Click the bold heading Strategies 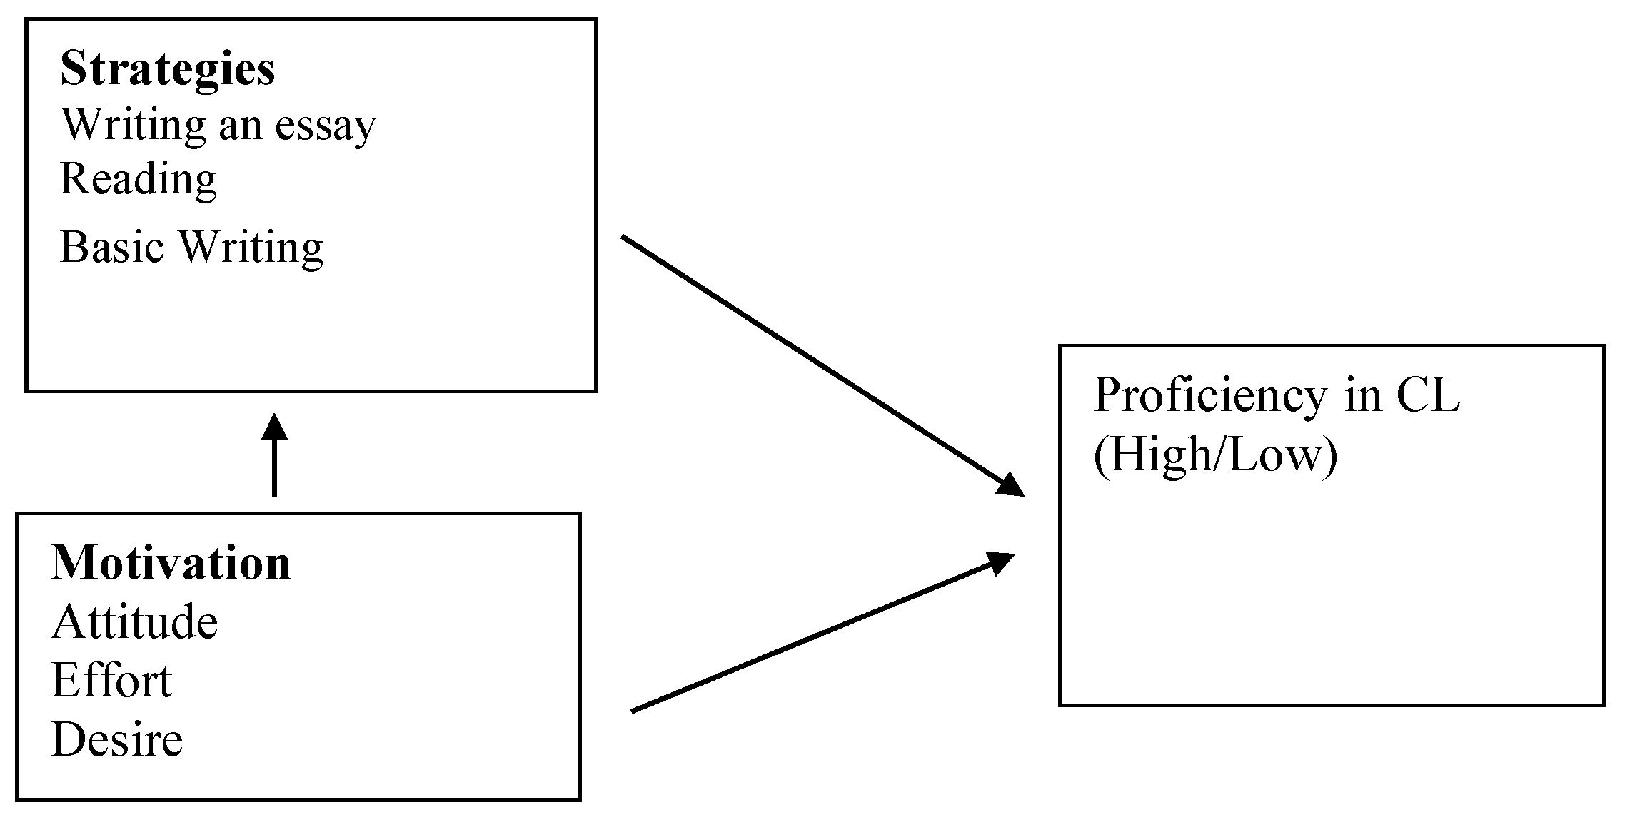tap(167, 70)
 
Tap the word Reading tap(138, 179)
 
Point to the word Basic tap(112, 247)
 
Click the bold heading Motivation tap(171, 564)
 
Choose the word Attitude tap(134, 622)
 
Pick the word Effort tap(111, 681)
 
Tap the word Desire tap(117, 739)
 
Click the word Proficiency tap(1209, 396)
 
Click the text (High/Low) tap(1214, 455)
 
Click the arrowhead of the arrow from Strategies tap(1011, 485)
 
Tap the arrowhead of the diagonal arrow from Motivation tap(1000, 562)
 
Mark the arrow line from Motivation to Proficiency tap(814, 635)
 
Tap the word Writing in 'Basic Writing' tap(251, 247)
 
